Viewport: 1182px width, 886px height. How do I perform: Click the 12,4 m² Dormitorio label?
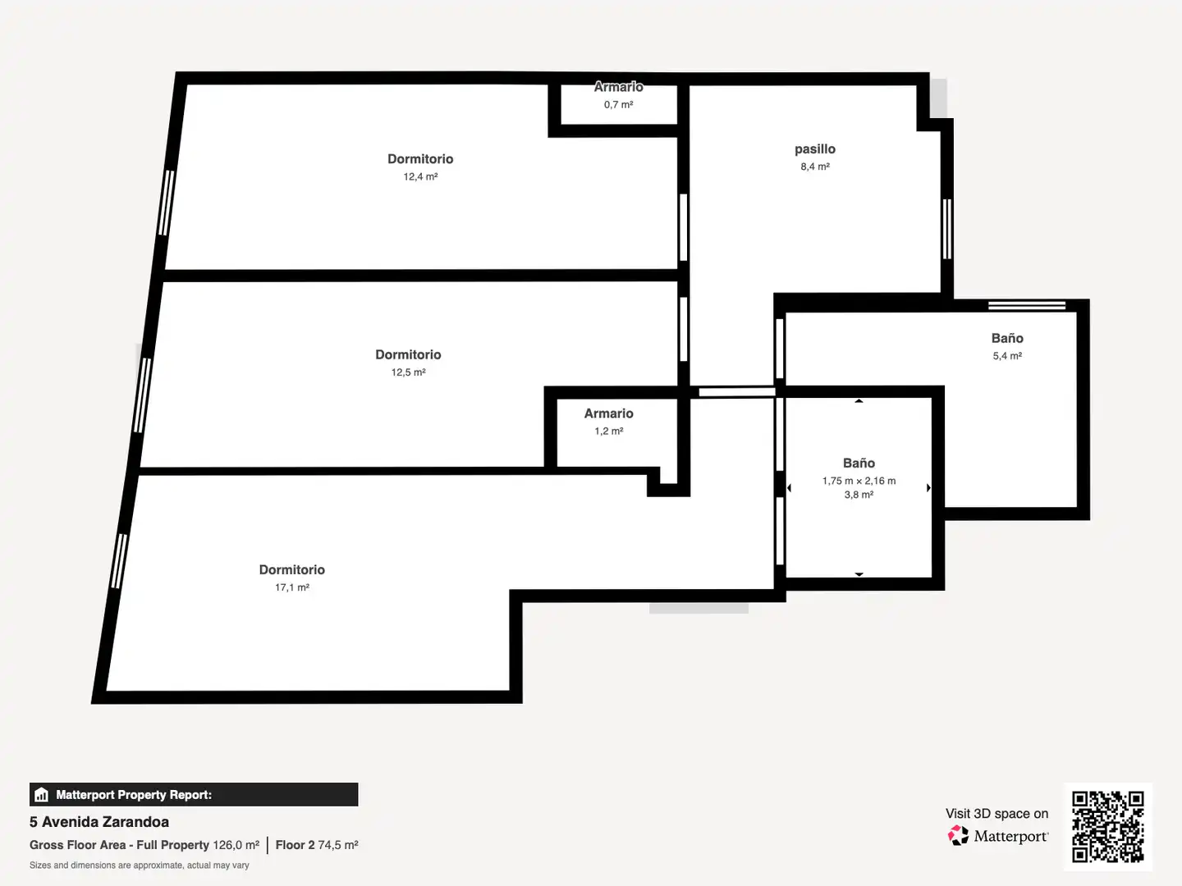click(420, 158)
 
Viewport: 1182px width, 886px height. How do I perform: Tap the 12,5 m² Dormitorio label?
click(408, 354)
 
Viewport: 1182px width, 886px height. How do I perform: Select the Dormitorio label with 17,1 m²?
click(292, 569)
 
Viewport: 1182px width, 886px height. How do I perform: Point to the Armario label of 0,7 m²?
click(618, 87)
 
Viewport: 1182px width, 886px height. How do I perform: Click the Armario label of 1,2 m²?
click(608, 413)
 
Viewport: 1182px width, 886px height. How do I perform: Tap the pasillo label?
click(815, 149)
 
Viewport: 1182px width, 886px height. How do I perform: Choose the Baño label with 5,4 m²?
click(1007, 338)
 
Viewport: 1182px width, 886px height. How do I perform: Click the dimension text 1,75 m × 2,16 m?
click(859, 481)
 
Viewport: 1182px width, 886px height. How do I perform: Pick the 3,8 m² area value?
click(859, 495)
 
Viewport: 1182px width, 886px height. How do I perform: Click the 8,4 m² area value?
click(815, 167)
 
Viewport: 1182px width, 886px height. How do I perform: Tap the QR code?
click(1107, 826)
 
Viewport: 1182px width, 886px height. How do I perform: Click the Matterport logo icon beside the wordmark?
click(958, 835)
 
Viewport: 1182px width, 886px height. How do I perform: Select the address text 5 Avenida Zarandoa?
click(99, 822)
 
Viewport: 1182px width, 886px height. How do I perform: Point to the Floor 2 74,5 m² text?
click(317, 845)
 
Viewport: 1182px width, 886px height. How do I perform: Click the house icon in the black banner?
click(42, 795)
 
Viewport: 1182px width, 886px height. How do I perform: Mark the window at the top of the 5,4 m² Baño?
click(1027, 305)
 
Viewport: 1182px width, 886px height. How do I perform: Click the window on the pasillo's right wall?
click(947, 229)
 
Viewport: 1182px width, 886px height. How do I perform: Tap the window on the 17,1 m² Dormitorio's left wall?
click(119, 561)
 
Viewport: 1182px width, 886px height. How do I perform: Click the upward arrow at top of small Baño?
click(859, 401)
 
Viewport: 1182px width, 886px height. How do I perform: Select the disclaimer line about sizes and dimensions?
click(139, 865)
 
